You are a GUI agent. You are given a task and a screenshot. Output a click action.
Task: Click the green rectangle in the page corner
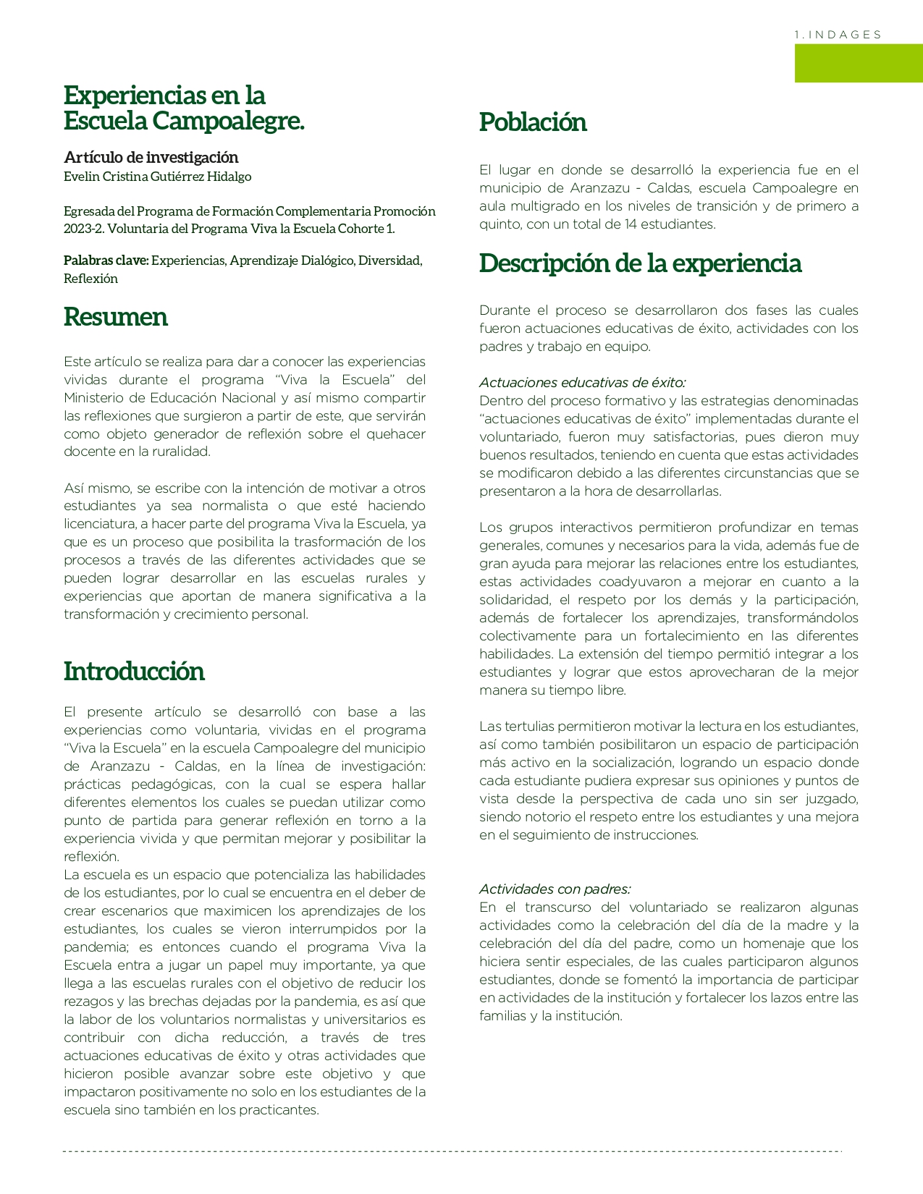pyautogui.click(x=859, y=63)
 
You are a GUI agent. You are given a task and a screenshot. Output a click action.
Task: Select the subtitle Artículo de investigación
pyautogui.click(x=151, y=157)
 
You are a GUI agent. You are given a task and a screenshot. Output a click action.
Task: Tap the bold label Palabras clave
pyautogui.click(x=106, y=261)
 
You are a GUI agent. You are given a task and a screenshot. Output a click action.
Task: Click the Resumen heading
pyautogui.click(x=116, y=317)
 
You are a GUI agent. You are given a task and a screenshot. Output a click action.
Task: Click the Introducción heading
pyautogui.click(x=134, y=671)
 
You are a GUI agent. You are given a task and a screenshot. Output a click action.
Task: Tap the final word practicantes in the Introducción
pyautogui.click(x=278, y=1110)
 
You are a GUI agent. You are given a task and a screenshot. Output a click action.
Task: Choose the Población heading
pyautogui.click(x=533, y=122)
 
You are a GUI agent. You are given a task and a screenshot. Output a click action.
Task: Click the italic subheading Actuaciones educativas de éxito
pyautogui.click(x=582, y=383)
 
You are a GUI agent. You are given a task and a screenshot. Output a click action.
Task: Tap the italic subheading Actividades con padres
pyautogui.click(x=555, y=889)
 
